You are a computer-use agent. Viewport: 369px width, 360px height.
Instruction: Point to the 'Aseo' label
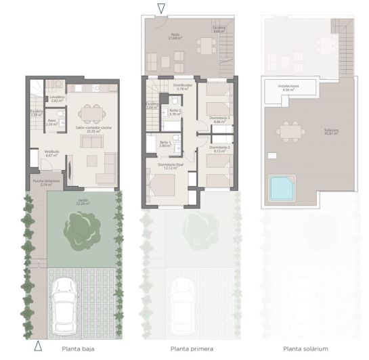tap(52, 122)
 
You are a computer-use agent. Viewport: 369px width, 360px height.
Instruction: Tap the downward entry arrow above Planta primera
tap(160, 9)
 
